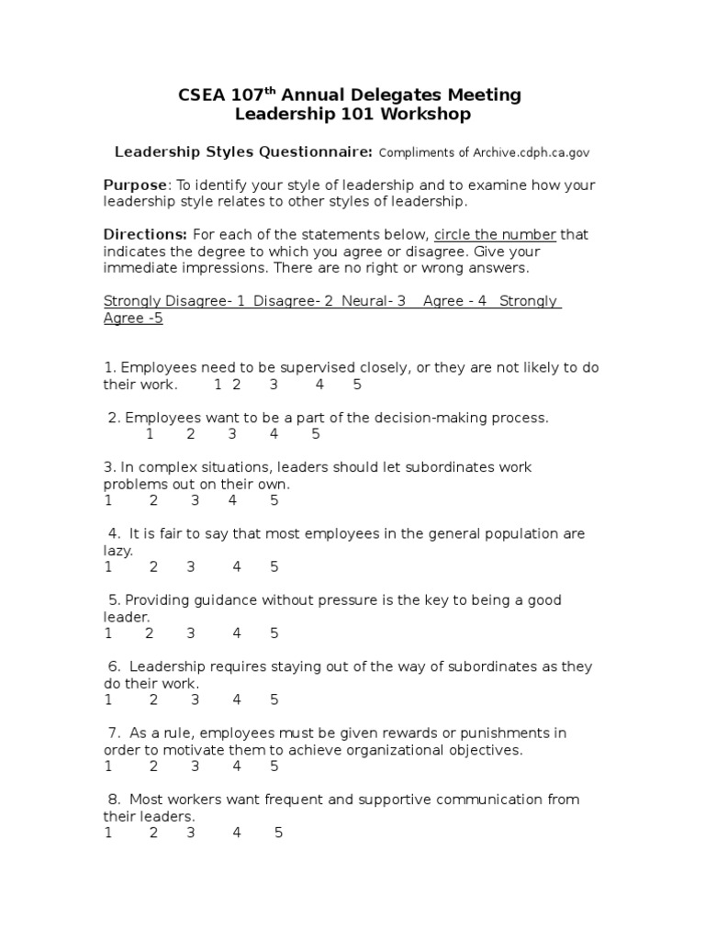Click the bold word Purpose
135,185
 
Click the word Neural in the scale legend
364,301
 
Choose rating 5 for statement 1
357,384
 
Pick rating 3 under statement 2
232,434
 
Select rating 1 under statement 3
108,500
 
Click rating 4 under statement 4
237,566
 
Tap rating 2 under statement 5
150,632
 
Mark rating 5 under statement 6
274,699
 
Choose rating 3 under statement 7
196,766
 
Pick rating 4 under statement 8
237,833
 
